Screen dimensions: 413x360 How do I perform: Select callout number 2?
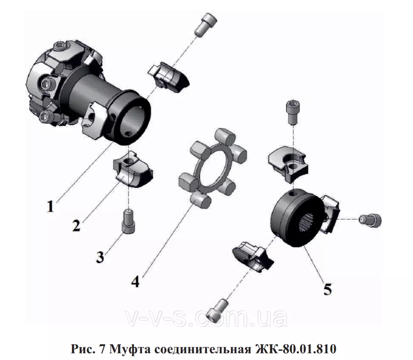pos(76,225)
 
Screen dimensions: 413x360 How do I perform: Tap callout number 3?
pos(100,256)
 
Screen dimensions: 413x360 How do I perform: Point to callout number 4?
pos(135,282)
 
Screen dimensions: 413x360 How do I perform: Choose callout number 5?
pos(328,289)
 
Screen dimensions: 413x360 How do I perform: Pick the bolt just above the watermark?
pos(218,310)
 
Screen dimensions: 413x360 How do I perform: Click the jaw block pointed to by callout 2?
pos(133,169)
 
